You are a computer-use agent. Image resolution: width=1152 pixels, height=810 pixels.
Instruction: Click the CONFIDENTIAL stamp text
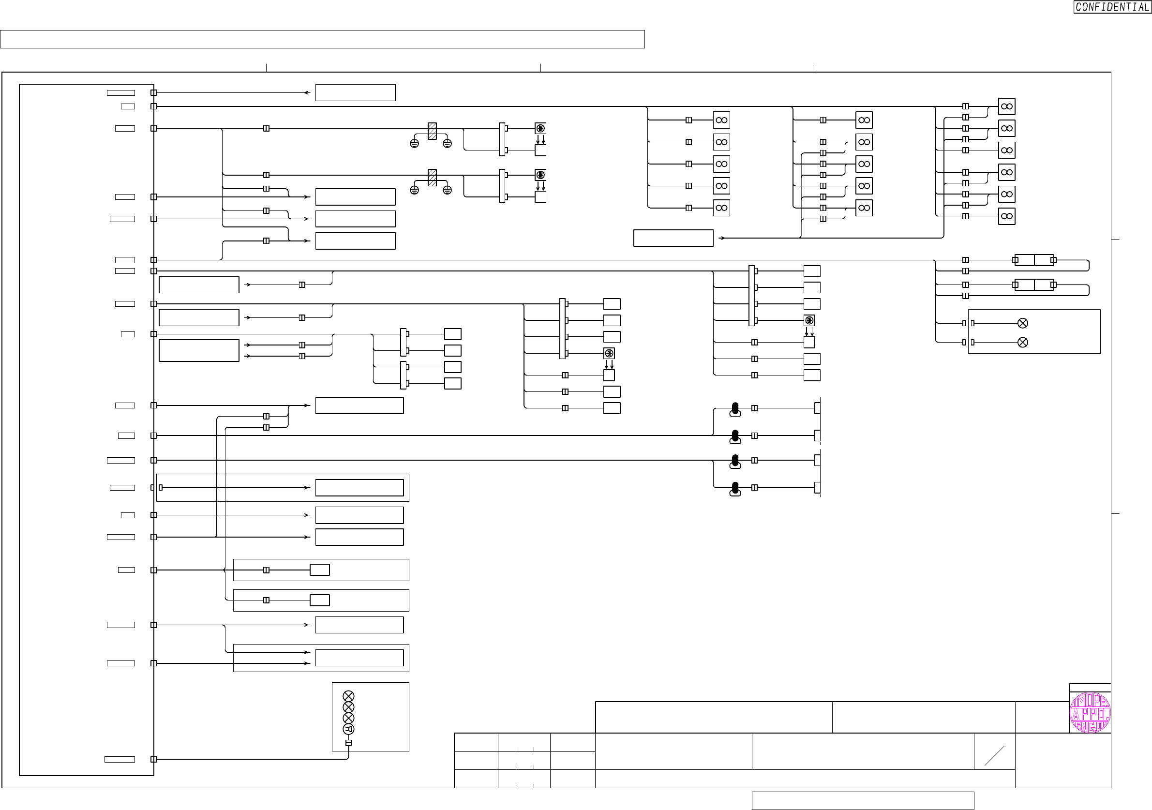click(1112, 7)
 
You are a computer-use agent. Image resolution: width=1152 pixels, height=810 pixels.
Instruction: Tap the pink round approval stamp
click(1090, 713)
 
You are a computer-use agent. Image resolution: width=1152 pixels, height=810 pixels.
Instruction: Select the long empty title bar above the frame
click(322, 39)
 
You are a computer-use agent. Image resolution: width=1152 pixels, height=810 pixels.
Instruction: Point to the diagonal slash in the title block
click(994, 756)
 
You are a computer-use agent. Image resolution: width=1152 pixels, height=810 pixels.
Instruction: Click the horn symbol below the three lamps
click(348, 729)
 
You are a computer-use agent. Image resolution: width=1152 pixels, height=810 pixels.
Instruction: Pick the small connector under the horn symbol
click(348, 743)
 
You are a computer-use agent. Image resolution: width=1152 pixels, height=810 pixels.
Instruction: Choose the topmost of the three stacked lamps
click(348, 696)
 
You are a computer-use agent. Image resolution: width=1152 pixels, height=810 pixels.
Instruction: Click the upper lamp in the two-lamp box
click(1022, 323)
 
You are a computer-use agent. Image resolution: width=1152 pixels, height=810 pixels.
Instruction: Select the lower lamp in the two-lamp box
click(1022, 342)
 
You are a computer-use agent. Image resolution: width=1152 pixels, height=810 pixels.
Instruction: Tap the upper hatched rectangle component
click(432, 131)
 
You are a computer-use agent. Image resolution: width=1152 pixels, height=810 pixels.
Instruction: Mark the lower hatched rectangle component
click(432, 178)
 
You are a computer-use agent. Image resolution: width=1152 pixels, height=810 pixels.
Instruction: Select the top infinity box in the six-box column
click(1006, 106)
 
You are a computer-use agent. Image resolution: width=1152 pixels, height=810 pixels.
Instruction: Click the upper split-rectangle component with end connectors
click(1034, 260)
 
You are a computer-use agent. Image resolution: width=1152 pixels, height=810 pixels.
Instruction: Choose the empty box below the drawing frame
click(863, 800)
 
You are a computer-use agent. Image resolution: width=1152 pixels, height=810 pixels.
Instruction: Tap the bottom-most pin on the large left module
click(153, 759)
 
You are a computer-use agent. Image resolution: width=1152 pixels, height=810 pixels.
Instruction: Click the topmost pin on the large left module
click(153, 93)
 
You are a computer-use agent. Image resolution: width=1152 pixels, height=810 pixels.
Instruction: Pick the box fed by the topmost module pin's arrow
click(355, 93)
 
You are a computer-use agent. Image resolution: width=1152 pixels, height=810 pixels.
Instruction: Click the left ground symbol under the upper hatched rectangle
click(415, 144)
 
